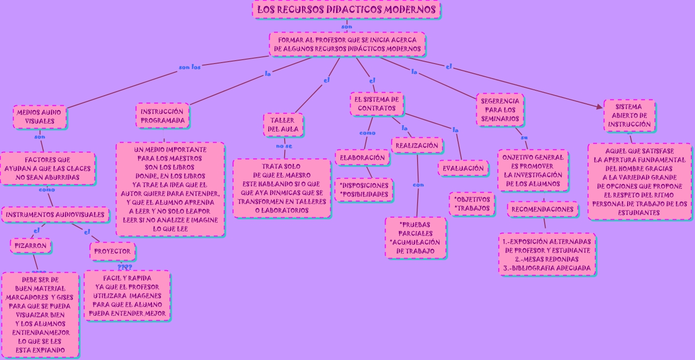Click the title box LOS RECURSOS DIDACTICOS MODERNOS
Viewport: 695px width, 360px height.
pyautogui.click(x=346, y=10)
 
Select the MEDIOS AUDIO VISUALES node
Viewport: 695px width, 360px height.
pyautogui.click(x=40, y=116)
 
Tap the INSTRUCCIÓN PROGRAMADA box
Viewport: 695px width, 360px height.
pyautogui.click(x=162, y=115)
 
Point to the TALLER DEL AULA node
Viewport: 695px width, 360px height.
pyautogui.click(x=283, y=125)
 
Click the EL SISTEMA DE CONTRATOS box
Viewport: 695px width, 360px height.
pyautogui.click(x=377, y=104)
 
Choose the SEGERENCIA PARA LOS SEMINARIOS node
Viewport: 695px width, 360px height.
pyautogui.click(x=500, y=110)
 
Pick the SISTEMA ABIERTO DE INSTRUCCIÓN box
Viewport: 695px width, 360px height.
pyautogui.click(x=630, y=115)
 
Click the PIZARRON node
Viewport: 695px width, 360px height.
pyautogui.click(x=31, y=245)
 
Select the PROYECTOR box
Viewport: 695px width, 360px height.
pyautogui.click(x=112, y=251)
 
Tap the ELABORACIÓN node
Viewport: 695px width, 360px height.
pyautogui.click(x=362, y=157)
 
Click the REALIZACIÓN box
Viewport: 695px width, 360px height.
pyautogui.click(x=417, y=145)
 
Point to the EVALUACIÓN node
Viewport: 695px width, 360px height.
pyautogui.click(x=463, y=168)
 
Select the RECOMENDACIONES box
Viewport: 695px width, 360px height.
pyautogui.click(x=543, y=209)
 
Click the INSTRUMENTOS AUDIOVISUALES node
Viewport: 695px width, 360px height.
pyautogui.click(x=55, y=214)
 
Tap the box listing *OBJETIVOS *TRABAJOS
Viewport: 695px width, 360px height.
pyautogui.click(x=472, y=204)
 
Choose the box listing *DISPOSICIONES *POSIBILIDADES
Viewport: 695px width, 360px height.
pyautogui.click(x=364, y=190)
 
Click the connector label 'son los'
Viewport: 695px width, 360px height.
pyautogui.click(x=190, y=67)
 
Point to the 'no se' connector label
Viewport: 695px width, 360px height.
pyautogui.click(x=284, y=146)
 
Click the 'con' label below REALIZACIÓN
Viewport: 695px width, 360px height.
pyautogui.click(x=418, y=185)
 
